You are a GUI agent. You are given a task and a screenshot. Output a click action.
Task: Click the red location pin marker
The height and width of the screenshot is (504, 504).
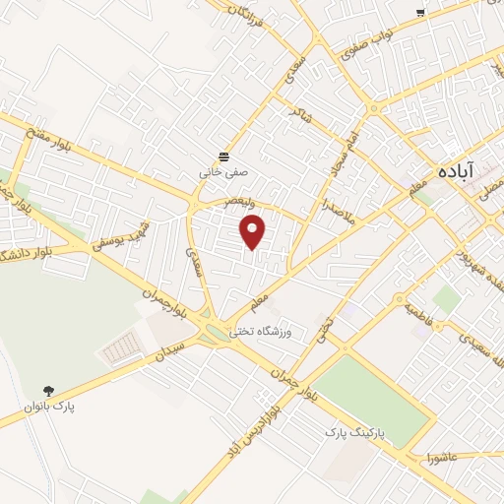[254, 231]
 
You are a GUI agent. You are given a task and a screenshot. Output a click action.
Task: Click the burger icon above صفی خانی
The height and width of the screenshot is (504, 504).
[224, 156]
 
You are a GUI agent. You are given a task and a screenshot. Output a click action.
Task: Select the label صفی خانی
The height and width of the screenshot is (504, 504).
[224, 172]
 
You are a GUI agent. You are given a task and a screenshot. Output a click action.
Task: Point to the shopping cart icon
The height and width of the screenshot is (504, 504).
[420, 12]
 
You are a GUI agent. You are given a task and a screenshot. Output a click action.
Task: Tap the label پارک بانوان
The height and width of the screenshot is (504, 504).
[52, 406]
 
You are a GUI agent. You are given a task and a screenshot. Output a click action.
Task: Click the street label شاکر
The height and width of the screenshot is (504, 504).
[299, 114]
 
